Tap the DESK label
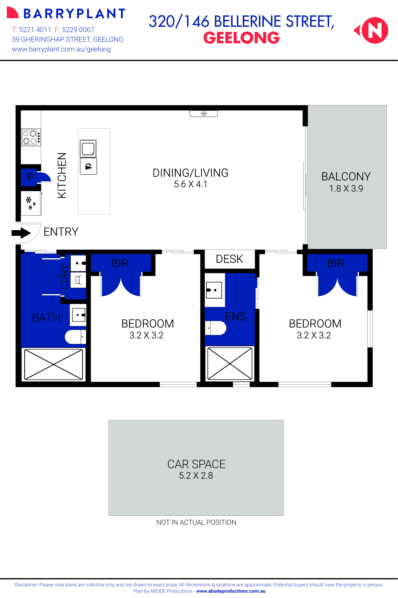click(229, 259)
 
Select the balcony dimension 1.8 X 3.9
click(346, 189)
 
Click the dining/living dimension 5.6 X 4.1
click(191, 184)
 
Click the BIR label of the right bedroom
click(336, 263)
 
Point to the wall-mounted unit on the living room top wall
click(204, 114)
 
